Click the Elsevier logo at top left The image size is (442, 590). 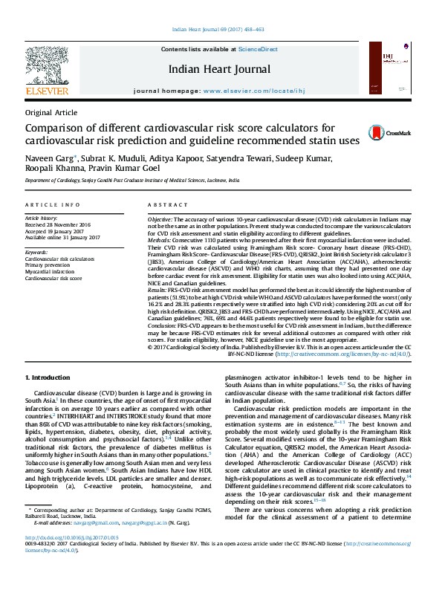[47, 71]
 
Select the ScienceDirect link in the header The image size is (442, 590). [258, 48]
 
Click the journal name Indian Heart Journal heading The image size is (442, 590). [220, 69]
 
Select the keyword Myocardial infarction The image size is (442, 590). [50, 271]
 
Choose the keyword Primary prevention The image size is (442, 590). [47, 265]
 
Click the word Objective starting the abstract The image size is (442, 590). [160, 221]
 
